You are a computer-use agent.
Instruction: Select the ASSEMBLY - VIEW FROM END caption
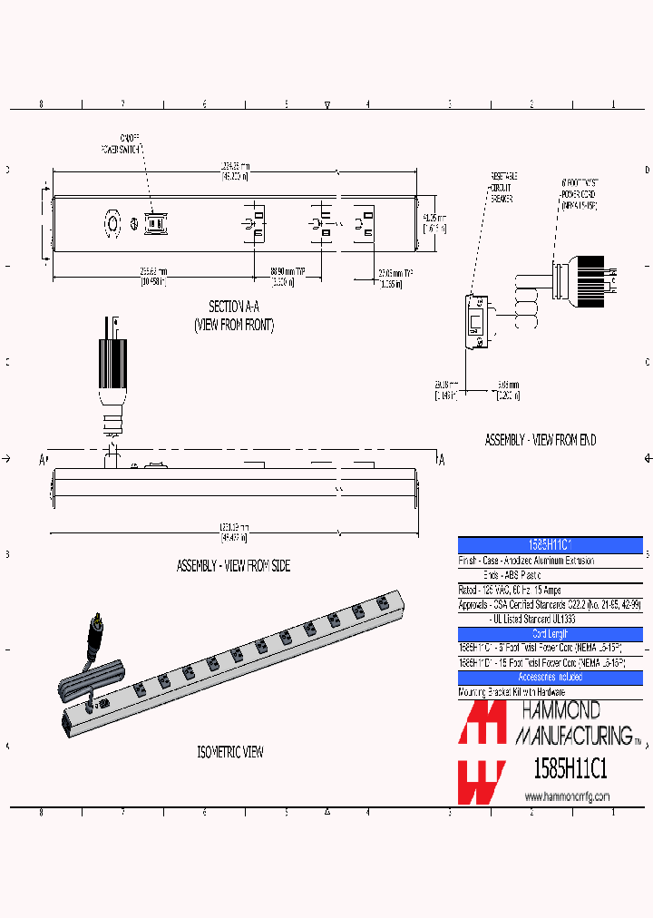click(x=540, y=440)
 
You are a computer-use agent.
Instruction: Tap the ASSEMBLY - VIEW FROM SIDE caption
click(x=233, y=565)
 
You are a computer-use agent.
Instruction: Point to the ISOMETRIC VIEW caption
click(x=230, y=752)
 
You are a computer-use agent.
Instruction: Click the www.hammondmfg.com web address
click(x=567, y=796)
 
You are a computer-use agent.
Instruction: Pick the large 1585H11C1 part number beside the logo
click(x=567, y=769)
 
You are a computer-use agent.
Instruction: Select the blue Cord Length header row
click(x=551, y=634)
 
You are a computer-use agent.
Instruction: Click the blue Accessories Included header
click(x=551, y=677)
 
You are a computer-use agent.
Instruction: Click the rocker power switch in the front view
click(x=153, y=222)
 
